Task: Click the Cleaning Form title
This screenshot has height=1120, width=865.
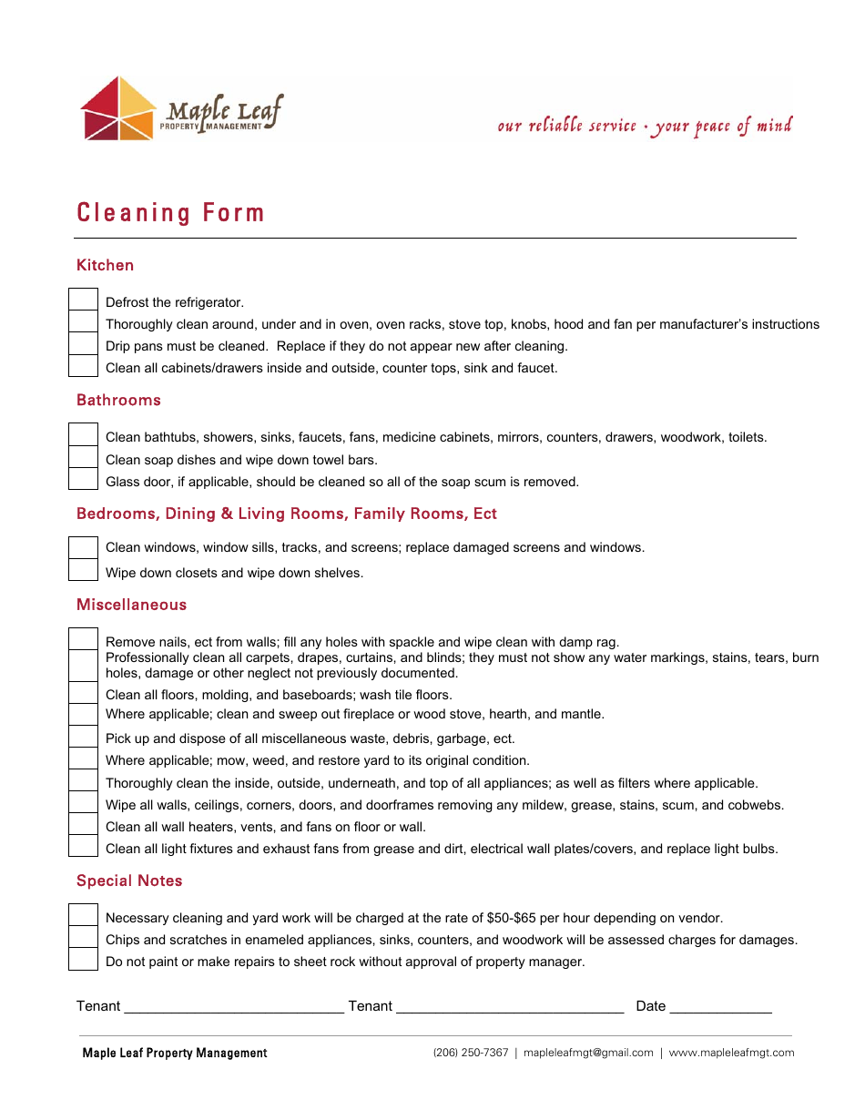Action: [x=170, y=213]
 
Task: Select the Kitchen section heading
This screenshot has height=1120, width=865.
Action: [x=105, y=265]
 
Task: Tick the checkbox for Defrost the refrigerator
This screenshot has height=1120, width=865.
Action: [x=84, y=300]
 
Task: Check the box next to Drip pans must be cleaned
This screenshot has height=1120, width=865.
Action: [x=84, y=344]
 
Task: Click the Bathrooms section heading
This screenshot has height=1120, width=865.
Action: [x=118, y=400]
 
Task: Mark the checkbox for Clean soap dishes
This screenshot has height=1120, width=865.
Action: [x=84, y=457]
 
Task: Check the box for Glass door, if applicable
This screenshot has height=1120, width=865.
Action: [x=84, y=479]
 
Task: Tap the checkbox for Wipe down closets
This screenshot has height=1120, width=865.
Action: [x=84, y=570]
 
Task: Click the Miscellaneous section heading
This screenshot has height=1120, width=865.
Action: [x=131, y=605]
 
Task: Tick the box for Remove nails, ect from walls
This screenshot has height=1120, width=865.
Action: [x=84, y=639]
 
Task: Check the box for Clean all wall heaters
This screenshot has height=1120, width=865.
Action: [x=84, y=824]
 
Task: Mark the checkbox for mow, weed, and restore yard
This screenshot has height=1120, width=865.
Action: [x=84, y=759]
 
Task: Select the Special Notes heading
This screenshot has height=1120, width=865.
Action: [x=129, y=881]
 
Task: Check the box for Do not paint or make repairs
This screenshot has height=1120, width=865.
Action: [x=84, y=959]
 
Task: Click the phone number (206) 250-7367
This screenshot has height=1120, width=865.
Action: [x=471, y=1053]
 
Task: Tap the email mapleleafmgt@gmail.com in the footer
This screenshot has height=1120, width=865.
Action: [x=588, y=1053]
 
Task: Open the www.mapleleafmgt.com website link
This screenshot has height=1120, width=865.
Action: [x=731, y=1053]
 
